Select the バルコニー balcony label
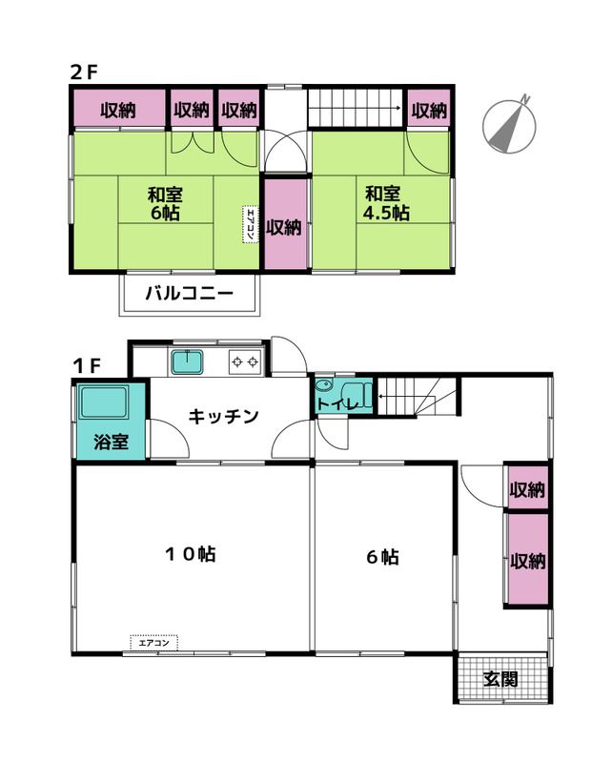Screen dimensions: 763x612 (189, 294)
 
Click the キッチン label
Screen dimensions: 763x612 (223, 416)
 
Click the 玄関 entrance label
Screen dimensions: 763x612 (500, 679)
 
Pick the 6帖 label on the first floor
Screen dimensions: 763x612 (381, 556)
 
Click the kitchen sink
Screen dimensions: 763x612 (188, 362)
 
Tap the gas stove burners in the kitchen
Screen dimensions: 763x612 (244, 362)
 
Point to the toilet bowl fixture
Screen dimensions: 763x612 (327, 387)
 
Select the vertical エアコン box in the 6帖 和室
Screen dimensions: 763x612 (250, 224)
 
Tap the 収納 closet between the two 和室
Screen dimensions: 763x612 (285, 226)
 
